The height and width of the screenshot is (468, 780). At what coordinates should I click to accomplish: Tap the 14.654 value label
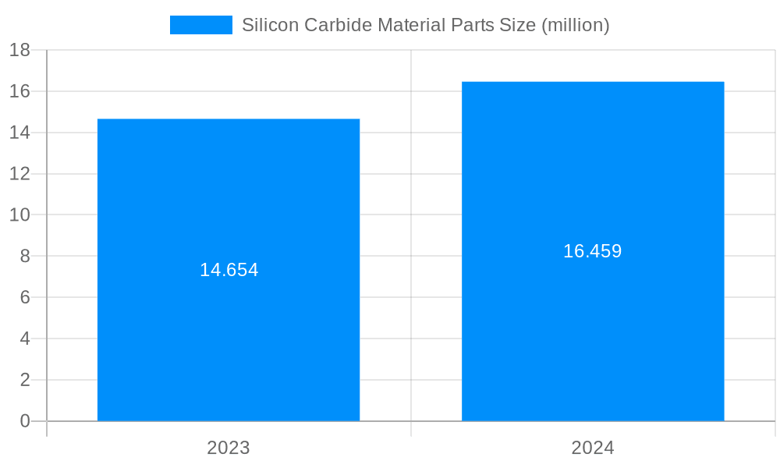pyautogui.click(x=229, y=270)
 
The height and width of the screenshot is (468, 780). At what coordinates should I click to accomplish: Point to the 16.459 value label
pyautogui.click(x=593, y=251)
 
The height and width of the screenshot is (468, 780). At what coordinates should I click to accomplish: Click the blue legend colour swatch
pyautogui.click(x=201, y=25)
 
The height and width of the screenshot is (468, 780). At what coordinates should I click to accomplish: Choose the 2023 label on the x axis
pyautogui.click(x=229, y=448)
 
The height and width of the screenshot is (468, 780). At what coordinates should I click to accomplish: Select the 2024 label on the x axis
pyautogui.click(x=593, y=448)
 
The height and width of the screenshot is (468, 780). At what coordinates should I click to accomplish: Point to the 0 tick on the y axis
pyautogui.click(x=24, y=421)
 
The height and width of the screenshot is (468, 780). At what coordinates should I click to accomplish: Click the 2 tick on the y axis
pyautogui.click(x=24, y=380)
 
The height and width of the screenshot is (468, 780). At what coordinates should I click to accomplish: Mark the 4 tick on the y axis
pyautogui.click(x=24, y=339)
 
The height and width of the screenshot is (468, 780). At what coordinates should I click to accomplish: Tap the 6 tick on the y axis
pyautogui.click(x=24, y=297)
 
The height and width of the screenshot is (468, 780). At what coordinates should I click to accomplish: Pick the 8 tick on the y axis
pyautogui.click(x=24, y=256)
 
